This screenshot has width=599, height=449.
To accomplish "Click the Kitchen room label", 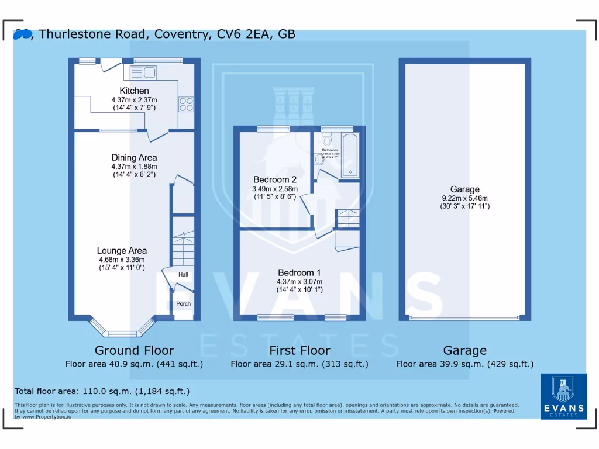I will [x=134, y=91].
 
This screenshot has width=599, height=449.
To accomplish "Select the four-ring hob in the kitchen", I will [x=186, y=104].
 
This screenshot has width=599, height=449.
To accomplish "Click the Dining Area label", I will [x=134, y=157].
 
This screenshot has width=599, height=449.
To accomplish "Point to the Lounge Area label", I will [x=122, y=251].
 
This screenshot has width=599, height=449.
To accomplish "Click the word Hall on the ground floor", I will [x=183, y=275].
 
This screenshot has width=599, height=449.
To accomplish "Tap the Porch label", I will [x=183, y=303].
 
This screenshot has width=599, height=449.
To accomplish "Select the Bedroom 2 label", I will [x=275, y=179].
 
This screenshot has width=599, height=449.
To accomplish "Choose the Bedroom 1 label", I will [x=299, y=272].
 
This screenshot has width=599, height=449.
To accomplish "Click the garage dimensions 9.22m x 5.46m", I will [x=465, y=198].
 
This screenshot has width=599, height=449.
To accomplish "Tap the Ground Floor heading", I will [x=134, y=350].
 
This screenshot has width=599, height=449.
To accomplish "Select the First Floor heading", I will [x=299, y=350].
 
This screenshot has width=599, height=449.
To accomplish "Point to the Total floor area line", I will [x=102, y=391].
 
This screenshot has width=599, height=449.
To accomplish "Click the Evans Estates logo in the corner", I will [x=563, y=396].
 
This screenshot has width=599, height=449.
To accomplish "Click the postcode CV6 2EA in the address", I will [x=242, y=34].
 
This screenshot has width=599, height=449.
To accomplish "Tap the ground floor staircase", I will [x=183, y=246].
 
